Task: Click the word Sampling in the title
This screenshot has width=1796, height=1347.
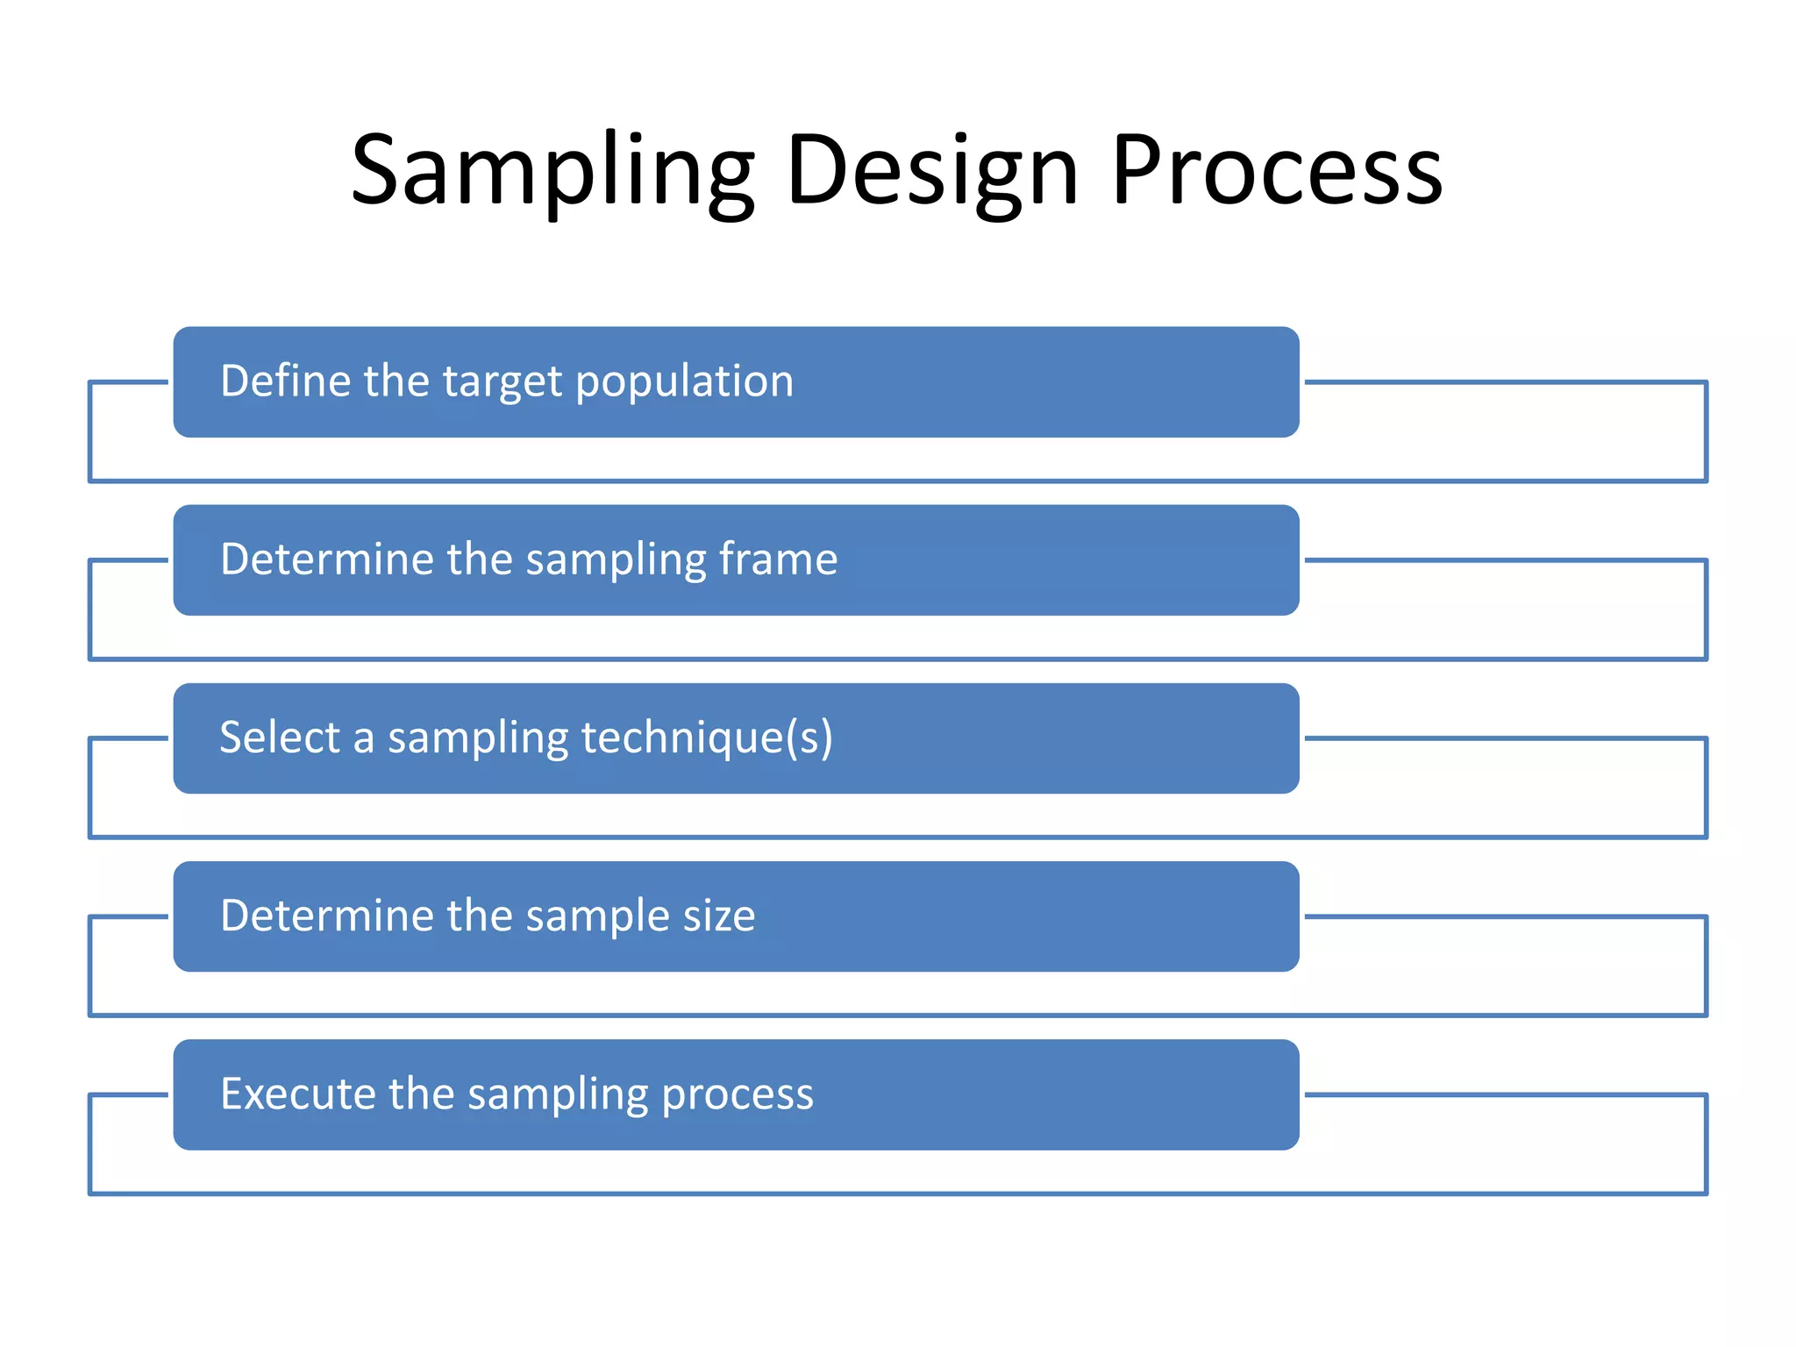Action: click(552, 171)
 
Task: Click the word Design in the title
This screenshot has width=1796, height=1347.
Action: click(931, 171)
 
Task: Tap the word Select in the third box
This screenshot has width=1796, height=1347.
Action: click(279, 737)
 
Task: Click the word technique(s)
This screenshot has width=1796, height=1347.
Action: click(707, 737)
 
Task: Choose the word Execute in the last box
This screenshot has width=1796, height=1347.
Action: click(297, 1094)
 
